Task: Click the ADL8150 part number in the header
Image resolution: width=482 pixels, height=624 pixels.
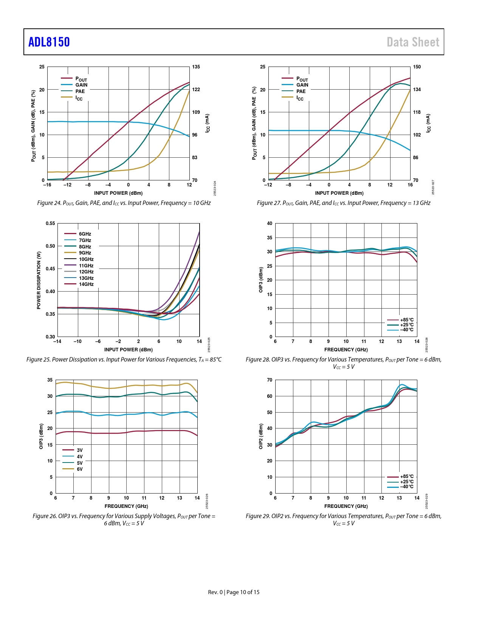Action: click(49, 42)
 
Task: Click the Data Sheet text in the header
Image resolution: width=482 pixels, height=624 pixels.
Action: click(413, 42)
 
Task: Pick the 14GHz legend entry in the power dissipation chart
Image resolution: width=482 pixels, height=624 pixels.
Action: click(86, 284)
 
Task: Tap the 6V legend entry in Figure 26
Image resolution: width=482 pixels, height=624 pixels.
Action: click(79, 469)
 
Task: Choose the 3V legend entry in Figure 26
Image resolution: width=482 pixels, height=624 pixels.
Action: click(79, 450)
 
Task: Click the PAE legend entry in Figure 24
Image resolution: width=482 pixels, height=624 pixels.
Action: click(80, 91)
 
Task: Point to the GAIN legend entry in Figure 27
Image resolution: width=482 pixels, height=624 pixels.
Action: click(302, 85)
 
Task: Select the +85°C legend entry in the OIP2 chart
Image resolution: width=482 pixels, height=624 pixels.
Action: click(407, 477)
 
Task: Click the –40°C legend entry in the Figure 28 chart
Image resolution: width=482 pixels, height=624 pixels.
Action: click(407, 330)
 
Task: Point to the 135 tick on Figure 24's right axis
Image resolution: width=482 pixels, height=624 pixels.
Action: click(196, 67)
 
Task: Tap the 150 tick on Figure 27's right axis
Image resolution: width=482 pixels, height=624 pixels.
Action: click(417, 67)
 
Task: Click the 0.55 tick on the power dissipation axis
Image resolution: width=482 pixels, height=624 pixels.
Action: click(50, 224)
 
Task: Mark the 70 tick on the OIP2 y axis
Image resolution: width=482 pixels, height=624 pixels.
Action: click(270, 380)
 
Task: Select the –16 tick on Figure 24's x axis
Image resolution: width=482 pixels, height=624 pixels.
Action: click(47, 185)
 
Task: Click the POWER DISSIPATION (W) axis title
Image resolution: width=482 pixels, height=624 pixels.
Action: click(39, 280)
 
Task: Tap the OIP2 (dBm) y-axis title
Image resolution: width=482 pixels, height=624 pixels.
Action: click(261, 436)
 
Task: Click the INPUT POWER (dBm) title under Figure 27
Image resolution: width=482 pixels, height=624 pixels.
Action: click(339, 193)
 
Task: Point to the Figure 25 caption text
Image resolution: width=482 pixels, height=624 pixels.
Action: click(124, 360)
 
